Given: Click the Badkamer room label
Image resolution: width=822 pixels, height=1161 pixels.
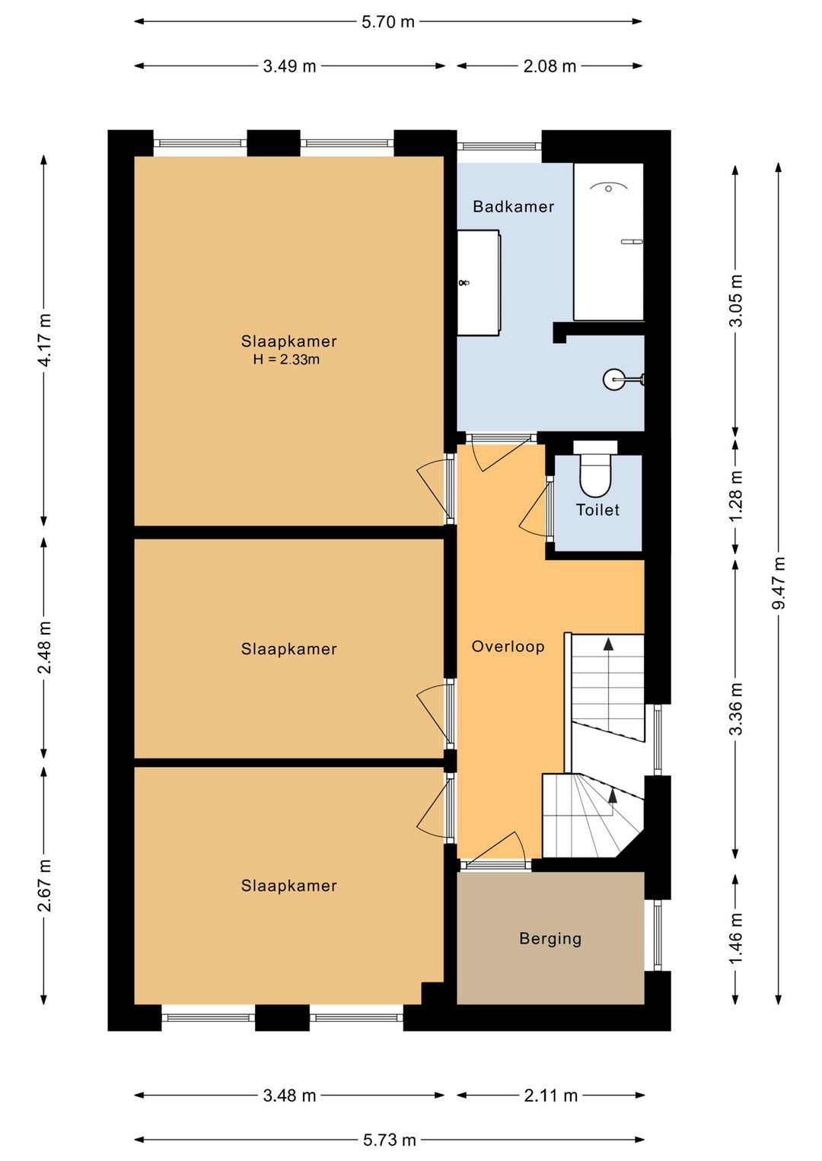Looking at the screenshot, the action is (x=513, y=207).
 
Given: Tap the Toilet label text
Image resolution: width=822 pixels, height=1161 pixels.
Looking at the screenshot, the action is (x=597, y=510).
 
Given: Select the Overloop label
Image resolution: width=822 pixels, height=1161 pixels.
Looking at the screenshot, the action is (x=508, y=647).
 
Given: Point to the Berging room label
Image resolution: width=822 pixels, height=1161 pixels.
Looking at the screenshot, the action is (x=550, y=939).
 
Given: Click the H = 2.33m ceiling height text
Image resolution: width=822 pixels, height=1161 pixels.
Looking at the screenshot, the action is (x=286, y=359).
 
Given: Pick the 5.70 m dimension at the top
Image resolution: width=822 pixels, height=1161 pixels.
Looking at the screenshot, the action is (x=388, y=22).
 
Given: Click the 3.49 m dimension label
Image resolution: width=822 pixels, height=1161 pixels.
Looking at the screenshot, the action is (x=289, y=66).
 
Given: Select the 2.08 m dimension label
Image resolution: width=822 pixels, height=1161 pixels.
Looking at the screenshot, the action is (x=550, y=66).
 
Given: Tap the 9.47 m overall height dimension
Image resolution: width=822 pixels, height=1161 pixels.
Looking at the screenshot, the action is (x=778, y=583).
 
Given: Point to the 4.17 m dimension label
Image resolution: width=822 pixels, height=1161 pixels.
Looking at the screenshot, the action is (x=44, y=340).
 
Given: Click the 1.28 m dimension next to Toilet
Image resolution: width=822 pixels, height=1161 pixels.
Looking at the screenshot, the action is (x=735, y=496).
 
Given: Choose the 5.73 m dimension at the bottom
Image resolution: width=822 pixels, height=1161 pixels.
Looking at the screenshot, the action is (x=389, y=1139).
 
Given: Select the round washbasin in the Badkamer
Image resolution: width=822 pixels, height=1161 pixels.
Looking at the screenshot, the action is (x=614, y=379).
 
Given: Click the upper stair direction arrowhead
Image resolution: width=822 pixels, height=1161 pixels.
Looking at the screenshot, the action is (x=608, y=644).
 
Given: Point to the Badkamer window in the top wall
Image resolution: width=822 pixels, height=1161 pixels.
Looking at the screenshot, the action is (x=499, y=146).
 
